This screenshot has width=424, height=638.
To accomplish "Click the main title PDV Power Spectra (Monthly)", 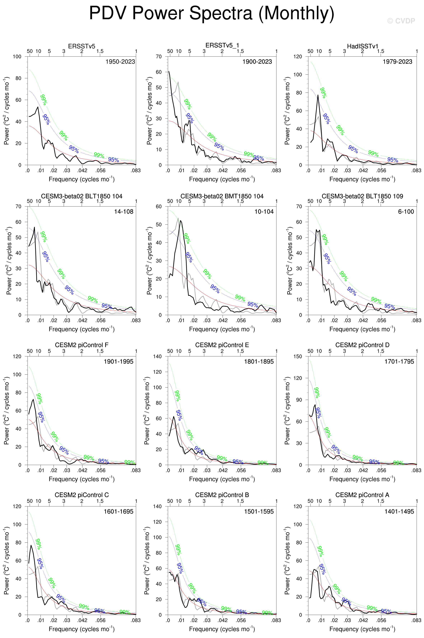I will coord(212,13).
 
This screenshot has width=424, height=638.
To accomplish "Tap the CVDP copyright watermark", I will coord(401,21).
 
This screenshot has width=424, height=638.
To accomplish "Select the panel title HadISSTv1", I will coord(362,46).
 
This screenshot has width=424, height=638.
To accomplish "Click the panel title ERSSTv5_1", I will coord(222,45).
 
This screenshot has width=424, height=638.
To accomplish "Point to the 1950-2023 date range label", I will coord(120,62).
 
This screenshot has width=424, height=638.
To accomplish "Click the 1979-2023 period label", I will coord(397,62).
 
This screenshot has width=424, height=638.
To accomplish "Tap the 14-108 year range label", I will coord(124,212).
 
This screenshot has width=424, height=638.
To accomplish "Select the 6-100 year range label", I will coord(406,212).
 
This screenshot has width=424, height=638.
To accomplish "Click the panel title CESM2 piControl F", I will coord(82,345).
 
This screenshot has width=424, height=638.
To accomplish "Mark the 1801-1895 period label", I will coord(259,362).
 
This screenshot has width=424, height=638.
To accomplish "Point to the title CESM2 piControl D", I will coord(362,345).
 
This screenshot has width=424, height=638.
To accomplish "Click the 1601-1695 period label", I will coord(118,512).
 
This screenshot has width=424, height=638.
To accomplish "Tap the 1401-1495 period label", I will coord(399,512).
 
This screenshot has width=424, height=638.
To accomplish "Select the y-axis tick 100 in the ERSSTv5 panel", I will coord(17,57).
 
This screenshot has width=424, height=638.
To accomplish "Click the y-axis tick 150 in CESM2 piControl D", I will coord(298,357).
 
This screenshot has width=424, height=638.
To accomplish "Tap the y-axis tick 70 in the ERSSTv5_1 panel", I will coord(159,57).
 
